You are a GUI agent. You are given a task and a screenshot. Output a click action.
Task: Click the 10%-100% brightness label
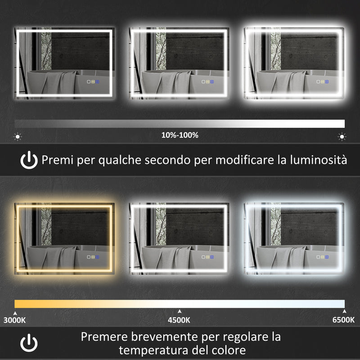180,135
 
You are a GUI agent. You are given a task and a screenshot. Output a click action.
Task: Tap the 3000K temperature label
14,320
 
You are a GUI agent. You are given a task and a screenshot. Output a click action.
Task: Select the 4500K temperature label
180,320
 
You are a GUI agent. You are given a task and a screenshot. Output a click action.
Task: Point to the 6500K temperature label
344,320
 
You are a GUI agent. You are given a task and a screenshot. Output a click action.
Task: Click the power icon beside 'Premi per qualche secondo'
29,160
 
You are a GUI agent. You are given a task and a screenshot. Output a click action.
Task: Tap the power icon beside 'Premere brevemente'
29,343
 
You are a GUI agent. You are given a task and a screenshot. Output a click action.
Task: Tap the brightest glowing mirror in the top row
294,63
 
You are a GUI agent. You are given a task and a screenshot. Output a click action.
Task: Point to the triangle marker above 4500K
180,311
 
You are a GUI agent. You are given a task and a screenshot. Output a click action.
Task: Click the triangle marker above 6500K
344,311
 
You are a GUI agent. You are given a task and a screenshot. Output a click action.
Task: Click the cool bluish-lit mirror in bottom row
294,238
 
